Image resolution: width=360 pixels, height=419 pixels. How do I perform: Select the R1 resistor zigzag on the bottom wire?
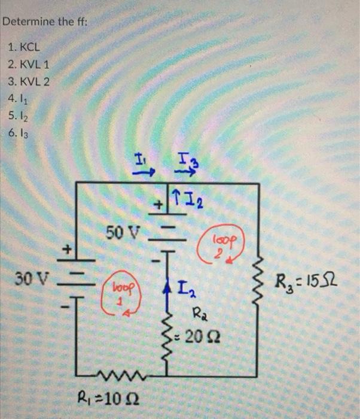[129, 376]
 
